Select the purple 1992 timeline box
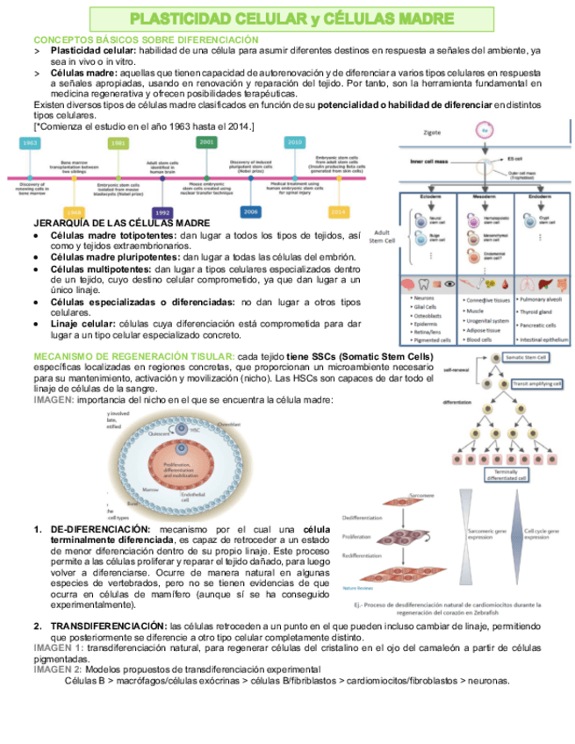162,212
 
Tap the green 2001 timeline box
207,141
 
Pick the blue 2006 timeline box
251,212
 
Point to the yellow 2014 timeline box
338,212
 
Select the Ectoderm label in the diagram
430,197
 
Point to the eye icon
449,283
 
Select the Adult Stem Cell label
383,235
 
